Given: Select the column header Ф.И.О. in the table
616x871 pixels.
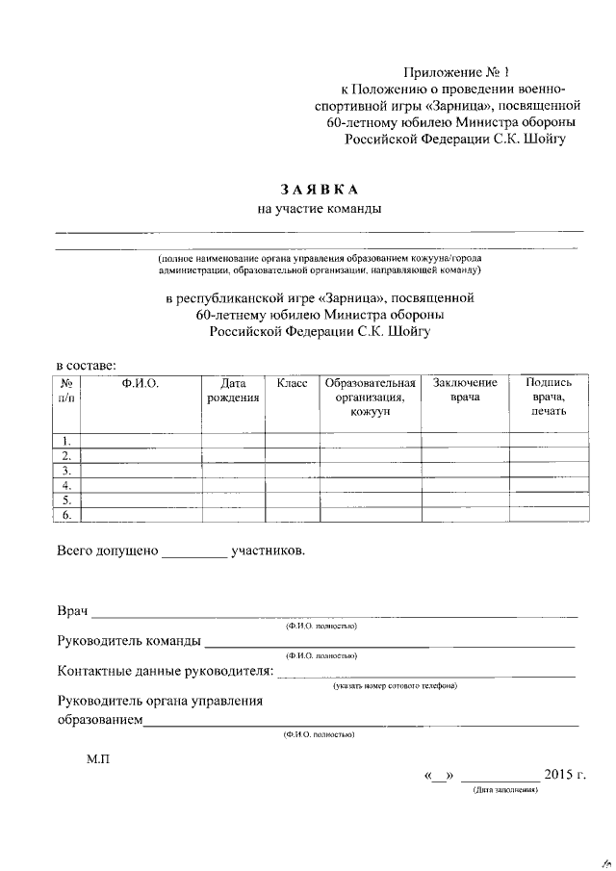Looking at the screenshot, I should click(140, 383).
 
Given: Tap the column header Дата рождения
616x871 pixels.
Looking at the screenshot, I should click(233, 391).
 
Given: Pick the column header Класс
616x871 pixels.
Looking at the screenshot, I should click(292, 383).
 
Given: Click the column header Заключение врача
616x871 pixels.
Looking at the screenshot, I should click(464, 391).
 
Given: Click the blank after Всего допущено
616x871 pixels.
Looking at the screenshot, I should click(193, 552).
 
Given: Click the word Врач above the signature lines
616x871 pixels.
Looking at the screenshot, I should click(72, 612).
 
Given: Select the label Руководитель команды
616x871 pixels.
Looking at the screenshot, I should click(129, 642).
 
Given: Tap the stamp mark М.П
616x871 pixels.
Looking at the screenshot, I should click(98, 759).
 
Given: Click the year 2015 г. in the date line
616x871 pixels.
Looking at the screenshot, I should click(564, 775).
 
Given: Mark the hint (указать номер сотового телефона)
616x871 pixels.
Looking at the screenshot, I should click(395, 686).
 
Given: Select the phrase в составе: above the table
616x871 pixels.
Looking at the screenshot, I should click(87, 365).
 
